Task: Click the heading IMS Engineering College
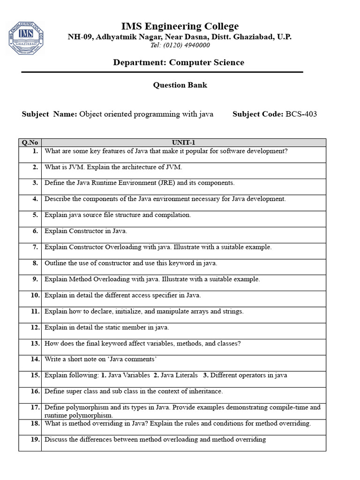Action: (180, 26)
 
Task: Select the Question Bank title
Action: (180, 85)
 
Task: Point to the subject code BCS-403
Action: (301, 114)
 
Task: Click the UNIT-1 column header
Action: (183, 142)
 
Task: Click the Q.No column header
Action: (30, 142)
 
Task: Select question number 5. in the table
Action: (35, 215)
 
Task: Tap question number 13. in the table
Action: (34, 344)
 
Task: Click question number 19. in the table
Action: (34, 440)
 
